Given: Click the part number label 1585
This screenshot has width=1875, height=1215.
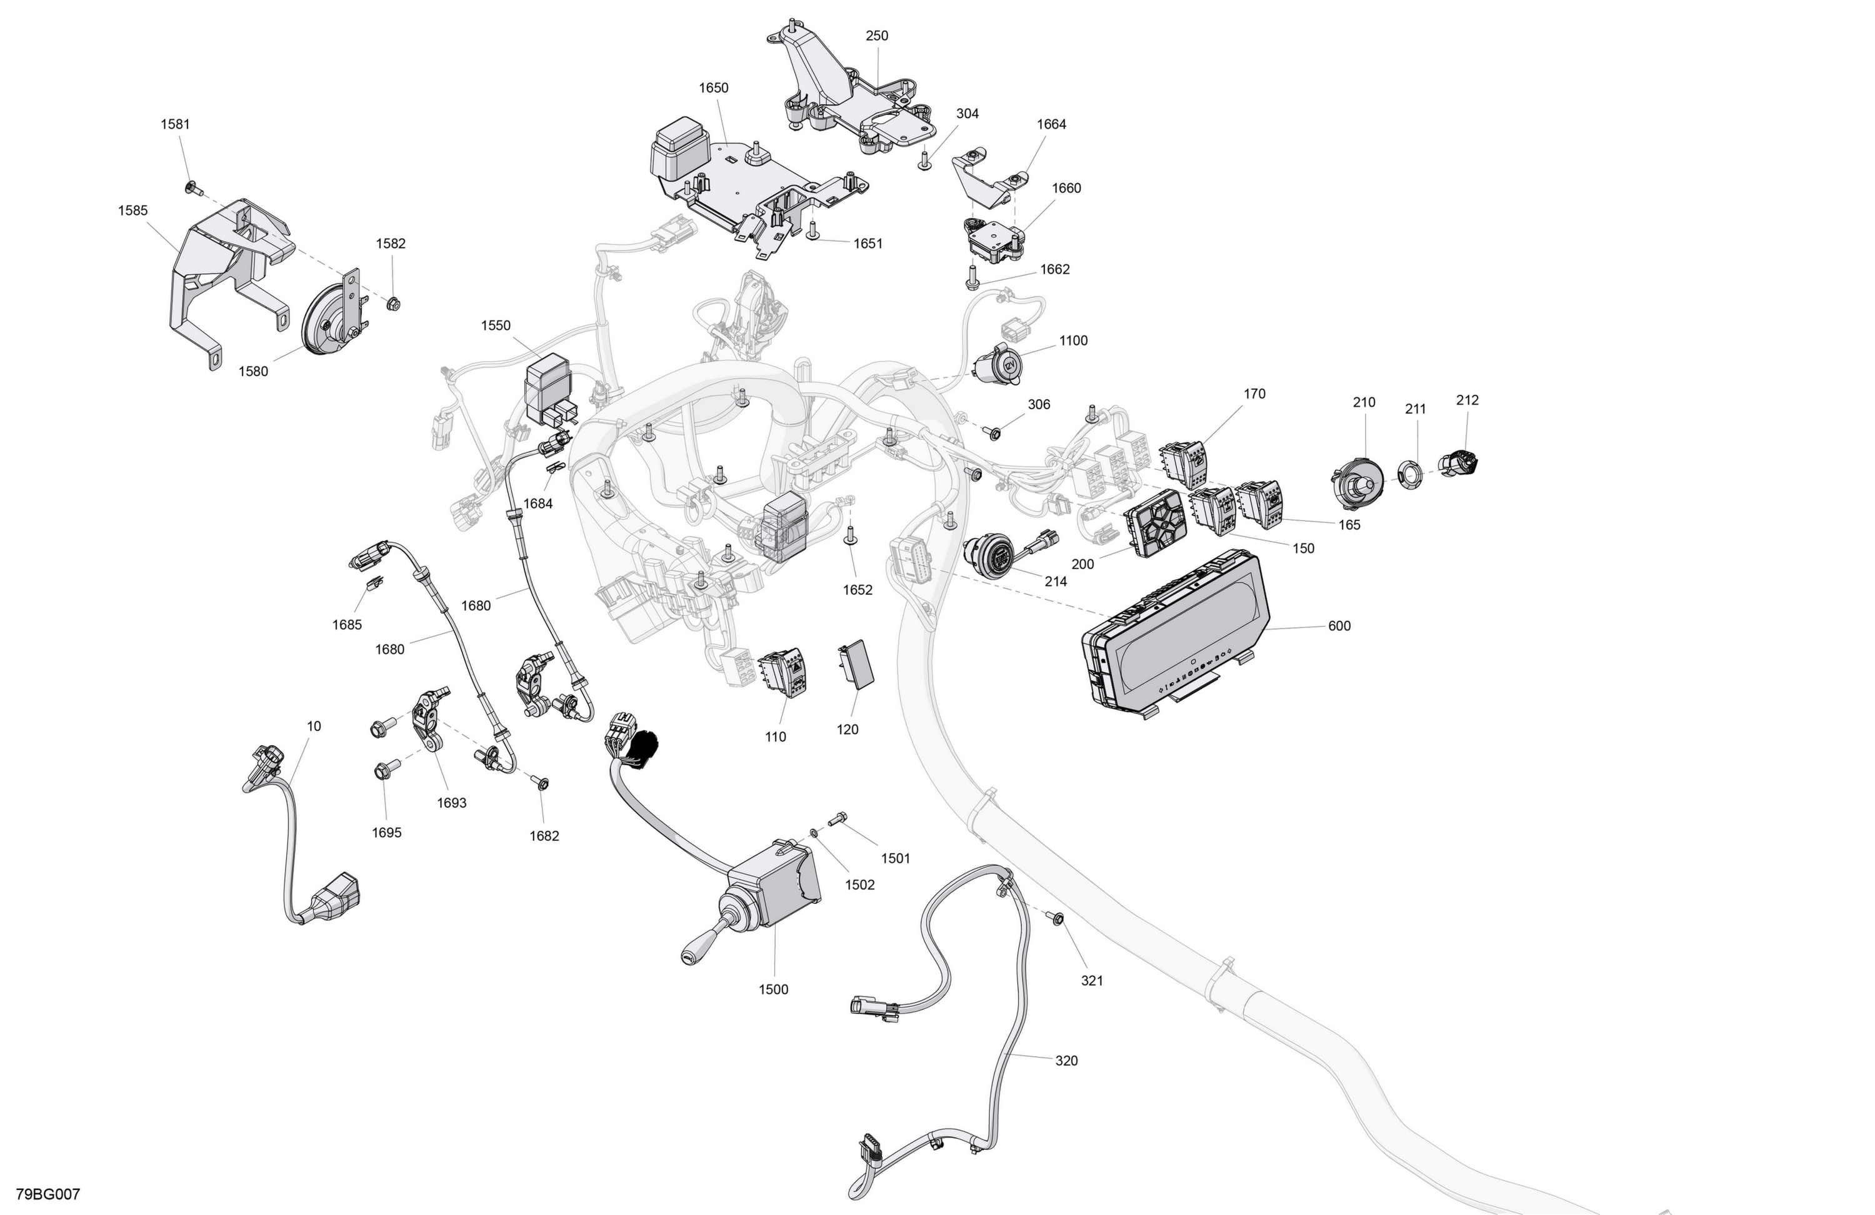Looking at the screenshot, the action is [132, 211].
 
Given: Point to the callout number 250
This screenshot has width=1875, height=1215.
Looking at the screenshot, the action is [877, 36].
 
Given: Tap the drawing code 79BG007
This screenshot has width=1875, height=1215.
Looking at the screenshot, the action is [48, 1194].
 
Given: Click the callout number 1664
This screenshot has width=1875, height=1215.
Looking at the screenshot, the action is [1051, 124].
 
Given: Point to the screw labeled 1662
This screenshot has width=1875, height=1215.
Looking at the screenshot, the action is [971, 278].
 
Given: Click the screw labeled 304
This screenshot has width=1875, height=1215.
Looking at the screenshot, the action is [925, 161].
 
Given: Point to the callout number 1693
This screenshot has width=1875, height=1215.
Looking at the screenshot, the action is [451, 802].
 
